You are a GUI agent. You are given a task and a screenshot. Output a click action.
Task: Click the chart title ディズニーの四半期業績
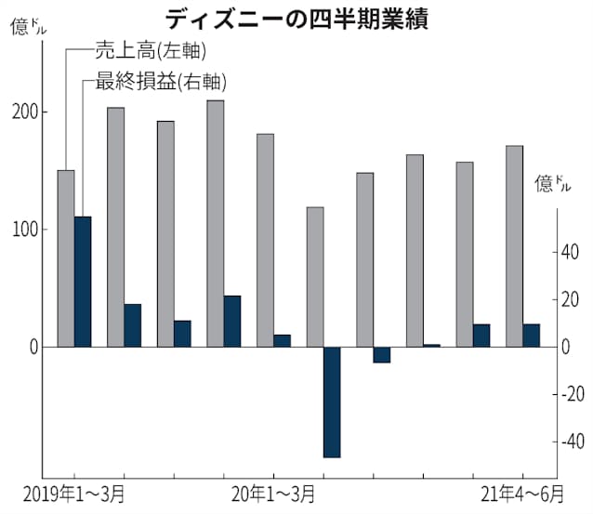[297, 18]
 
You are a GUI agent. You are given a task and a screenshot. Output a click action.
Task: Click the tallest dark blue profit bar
[83, 282]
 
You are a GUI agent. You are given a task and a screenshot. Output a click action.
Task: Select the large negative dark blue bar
[333, 402]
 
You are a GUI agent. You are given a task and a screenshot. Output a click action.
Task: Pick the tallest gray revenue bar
[215, 223]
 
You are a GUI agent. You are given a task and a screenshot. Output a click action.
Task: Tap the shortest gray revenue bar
[315, 276]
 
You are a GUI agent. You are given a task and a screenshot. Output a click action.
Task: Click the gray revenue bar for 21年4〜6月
[514, 245]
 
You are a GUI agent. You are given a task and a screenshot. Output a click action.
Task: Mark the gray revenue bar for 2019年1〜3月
[65, 258]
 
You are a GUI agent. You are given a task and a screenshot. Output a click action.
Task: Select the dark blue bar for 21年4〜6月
[532, 336]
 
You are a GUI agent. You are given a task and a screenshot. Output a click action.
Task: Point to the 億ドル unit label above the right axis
[554, 183]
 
